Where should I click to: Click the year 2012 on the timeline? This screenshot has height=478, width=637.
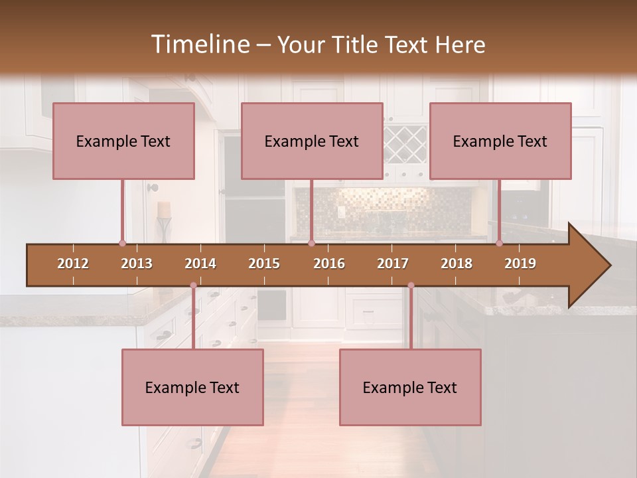click(x=73, y=264)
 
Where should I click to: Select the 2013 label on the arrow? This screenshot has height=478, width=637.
click(x=137, y=264)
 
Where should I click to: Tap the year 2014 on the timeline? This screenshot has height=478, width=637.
click(x=200, y=264)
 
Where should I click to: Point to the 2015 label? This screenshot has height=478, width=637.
click(x=264, y=264)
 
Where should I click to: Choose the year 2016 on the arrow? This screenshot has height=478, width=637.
click(x=329, y=264)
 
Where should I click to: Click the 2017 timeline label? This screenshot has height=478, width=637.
click(x=393, y=264)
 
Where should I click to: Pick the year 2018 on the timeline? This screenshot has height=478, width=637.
click(x=457, y=264)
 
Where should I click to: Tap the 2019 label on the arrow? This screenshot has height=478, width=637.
click(x=520, y=264)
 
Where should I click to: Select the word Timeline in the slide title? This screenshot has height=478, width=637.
click(x=199, y=44)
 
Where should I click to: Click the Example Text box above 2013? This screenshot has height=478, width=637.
click(x=123, y=141)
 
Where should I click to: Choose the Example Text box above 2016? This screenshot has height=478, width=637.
click(x=312, y=141)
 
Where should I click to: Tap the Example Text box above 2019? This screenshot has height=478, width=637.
click(x=500, y=141)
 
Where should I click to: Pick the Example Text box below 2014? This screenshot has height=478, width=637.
click(x=192, y=388)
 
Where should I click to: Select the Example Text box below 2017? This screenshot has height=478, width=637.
click(x=410, y=388)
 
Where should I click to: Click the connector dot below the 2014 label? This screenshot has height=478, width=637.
click(x=193, y=285)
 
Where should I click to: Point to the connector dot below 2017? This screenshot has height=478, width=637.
click(x=411, y=285)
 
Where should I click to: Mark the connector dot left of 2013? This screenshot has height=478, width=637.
click(x=122, y=244)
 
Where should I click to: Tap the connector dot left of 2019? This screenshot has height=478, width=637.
click(x=499, y=244)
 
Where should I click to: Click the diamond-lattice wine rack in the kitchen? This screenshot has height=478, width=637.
click(x=405, y=145)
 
